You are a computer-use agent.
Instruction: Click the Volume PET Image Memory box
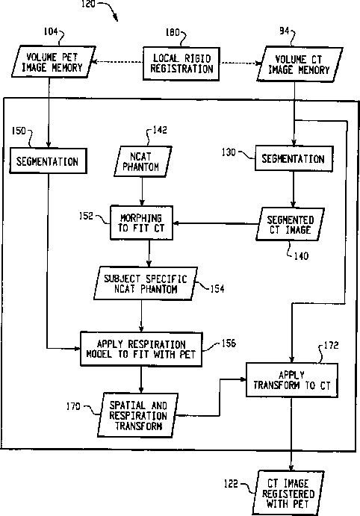54,61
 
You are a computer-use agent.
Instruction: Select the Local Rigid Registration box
181,63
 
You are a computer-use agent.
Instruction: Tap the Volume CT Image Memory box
300,64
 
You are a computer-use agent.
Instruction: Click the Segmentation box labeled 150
48,161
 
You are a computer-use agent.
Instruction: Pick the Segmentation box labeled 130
294,158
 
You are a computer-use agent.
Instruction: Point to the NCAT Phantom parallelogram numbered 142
143,161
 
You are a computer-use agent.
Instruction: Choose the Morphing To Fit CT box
141,223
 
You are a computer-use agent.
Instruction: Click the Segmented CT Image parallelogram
291,225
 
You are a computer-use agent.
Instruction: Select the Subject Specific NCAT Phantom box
146,284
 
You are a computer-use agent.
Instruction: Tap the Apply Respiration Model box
141,349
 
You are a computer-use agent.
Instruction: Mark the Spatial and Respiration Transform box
138,415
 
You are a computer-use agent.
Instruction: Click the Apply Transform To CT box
292,380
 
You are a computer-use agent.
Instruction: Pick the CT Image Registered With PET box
288,494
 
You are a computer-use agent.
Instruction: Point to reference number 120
88,4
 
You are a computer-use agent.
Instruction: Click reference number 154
217,289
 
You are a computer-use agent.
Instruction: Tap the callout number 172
331,345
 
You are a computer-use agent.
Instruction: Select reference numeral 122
231,483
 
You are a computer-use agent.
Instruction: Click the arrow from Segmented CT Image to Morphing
216,223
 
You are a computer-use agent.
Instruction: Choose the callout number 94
284,31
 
